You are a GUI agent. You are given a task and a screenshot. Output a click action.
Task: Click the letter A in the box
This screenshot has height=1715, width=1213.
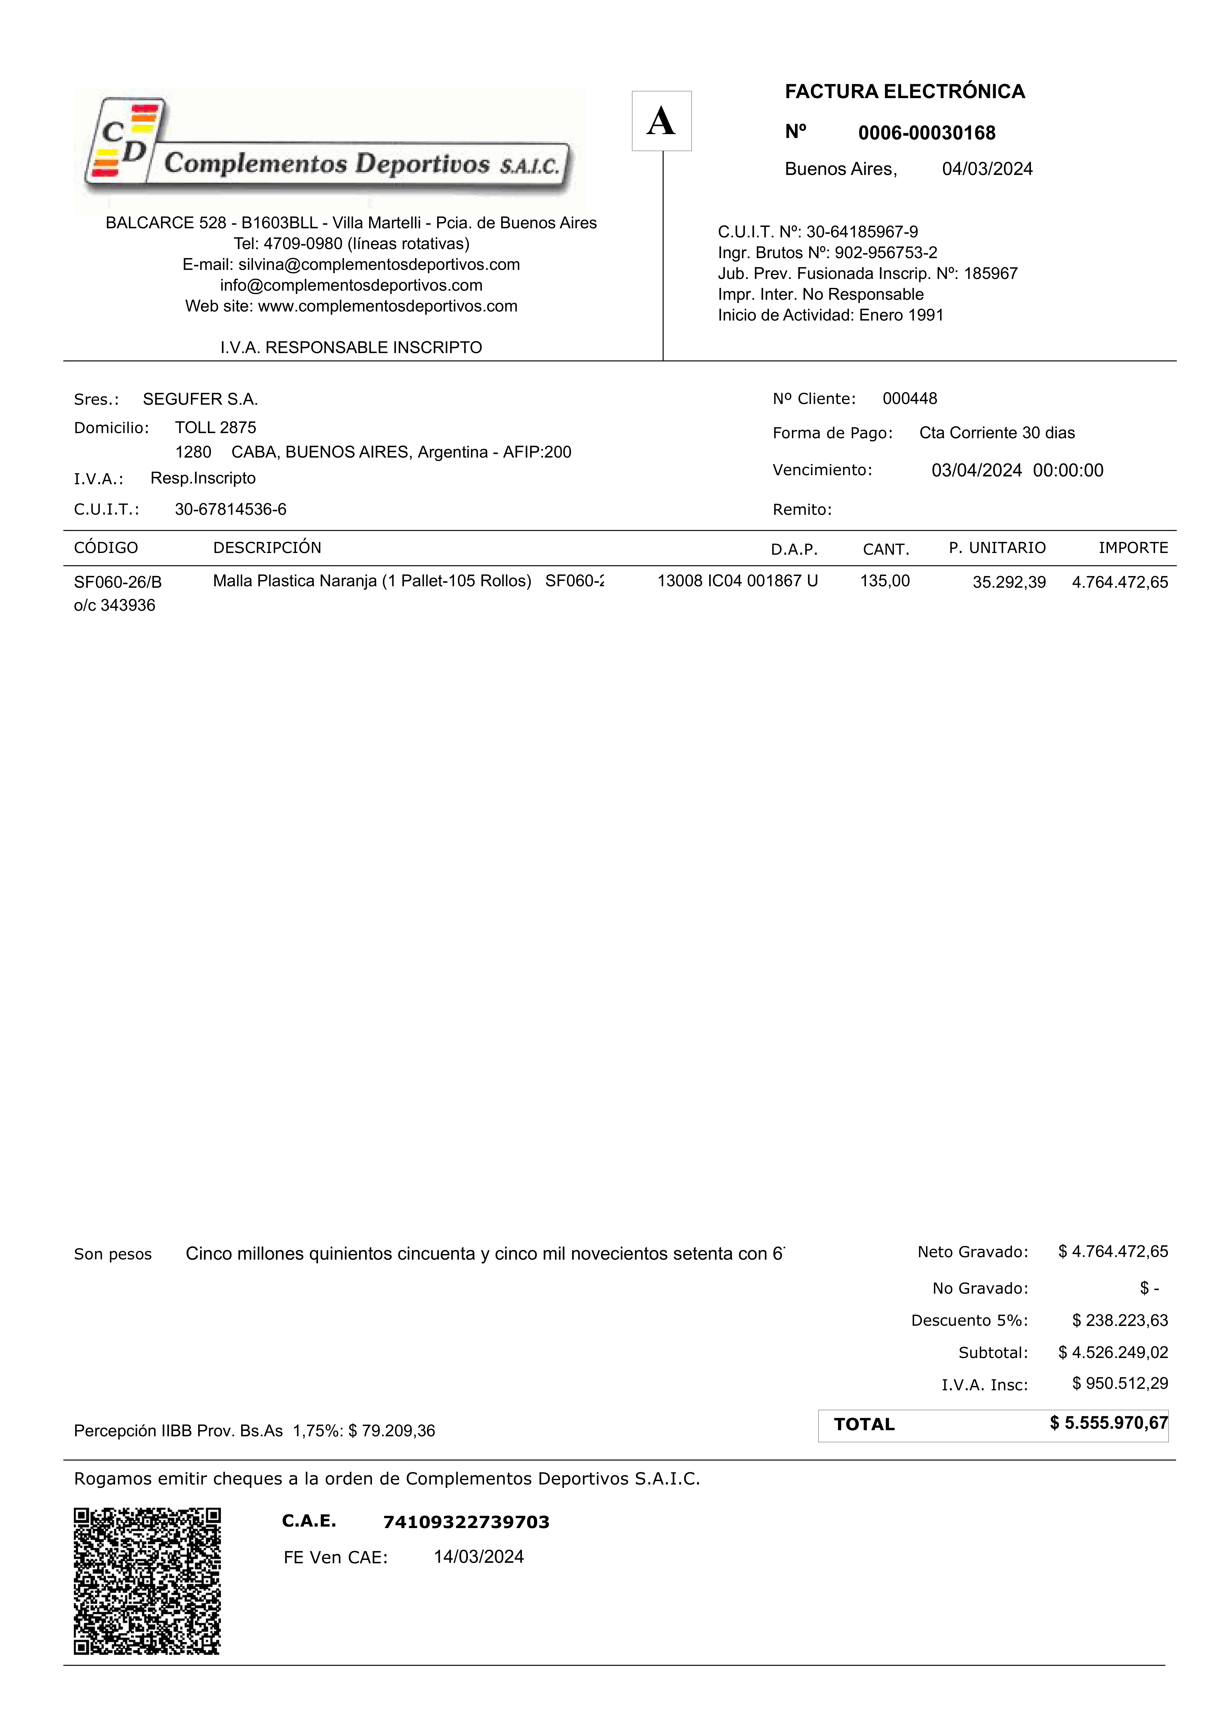pyautogui.click(x=661, y=121)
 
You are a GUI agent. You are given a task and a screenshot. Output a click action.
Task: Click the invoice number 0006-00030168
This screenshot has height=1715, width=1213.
pyautogui.click(x=926, y=133)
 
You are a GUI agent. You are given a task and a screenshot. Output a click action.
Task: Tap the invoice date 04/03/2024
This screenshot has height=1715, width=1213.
pyautogui.click(x=987, y=169)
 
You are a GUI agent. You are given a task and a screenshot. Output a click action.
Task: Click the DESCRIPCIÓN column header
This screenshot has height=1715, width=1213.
pyautogui.click(x=267, y=548)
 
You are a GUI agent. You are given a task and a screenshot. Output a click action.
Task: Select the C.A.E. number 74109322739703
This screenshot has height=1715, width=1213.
pyautogui.click(x=466, y=1521)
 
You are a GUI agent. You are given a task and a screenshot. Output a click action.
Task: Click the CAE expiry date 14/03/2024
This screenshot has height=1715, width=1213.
pyautogui.click(x=479, y=1557)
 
